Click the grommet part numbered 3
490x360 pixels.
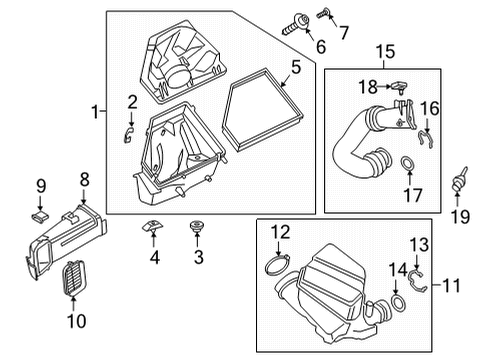click(x=197, y=232)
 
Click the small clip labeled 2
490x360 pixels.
click(x=128, y=134)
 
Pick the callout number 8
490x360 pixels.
click(x=84, y=180)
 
